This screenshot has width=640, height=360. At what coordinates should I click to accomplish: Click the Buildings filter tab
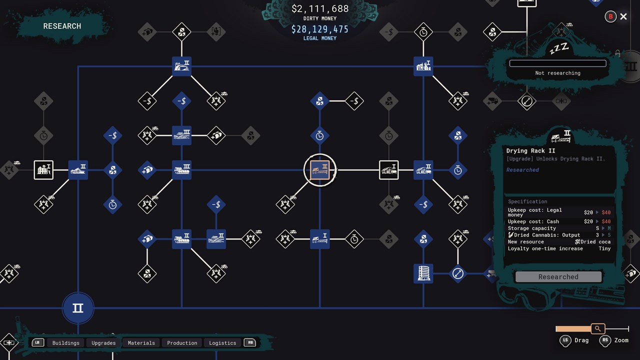pyautogui.click(x=65, y=343)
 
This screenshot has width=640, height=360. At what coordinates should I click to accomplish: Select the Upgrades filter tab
pyautogui.click(x=103, y=343)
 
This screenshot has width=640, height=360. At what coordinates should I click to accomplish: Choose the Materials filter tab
pyautogui.click(x=141, y=343)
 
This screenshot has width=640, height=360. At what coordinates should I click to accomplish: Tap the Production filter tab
pyautogui.click(x=182, y=343)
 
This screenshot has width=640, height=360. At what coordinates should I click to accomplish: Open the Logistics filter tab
pyautogui.click(x=222, y=343)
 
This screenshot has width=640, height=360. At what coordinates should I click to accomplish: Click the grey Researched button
pyautogui.click(x=558, y=276)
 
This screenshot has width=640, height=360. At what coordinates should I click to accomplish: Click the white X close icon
pyautogui.click(x=623, y=16)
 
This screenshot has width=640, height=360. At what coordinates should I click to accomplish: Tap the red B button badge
pyautogui.click(x=610, y=16)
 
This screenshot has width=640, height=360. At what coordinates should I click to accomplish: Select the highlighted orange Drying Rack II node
pyautogui.click(x=319, y=170)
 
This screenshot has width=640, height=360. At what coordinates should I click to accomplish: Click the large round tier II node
pyautogui.click(x=78, y=308)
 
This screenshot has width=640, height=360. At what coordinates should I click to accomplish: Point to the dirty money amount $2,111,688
pyautogui.click(x=320, y=8)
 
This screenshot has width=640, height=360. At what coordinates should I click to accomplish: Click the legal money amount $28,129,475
pyautogui.click(x=319, y=29)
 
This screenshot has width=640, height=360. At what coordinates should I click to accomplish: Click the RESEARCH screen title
pyautogui.click(x=62, y=26)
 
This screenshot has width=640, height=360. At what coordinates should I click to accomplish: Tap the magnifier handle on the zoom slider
pyautogui.click(x=597, y=328)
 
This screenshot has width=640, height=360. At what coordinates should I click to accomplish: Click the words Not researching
pyautogui.click(x=557, y=73)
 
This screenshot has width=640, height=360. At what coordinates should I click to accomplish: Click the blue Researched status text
pyautogui.click(x=522, y=169)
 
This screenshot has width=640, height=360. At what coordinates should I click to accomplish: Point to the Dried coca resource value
pyautogui.click(x=593, y=241)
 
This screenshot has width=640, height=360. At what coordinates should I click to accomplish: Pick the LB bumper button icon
pyautogui.click(x=37, y=342)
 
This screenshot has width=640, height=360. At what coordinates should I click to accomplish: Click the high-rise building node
pyautogui.click(x=423, y=273)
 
